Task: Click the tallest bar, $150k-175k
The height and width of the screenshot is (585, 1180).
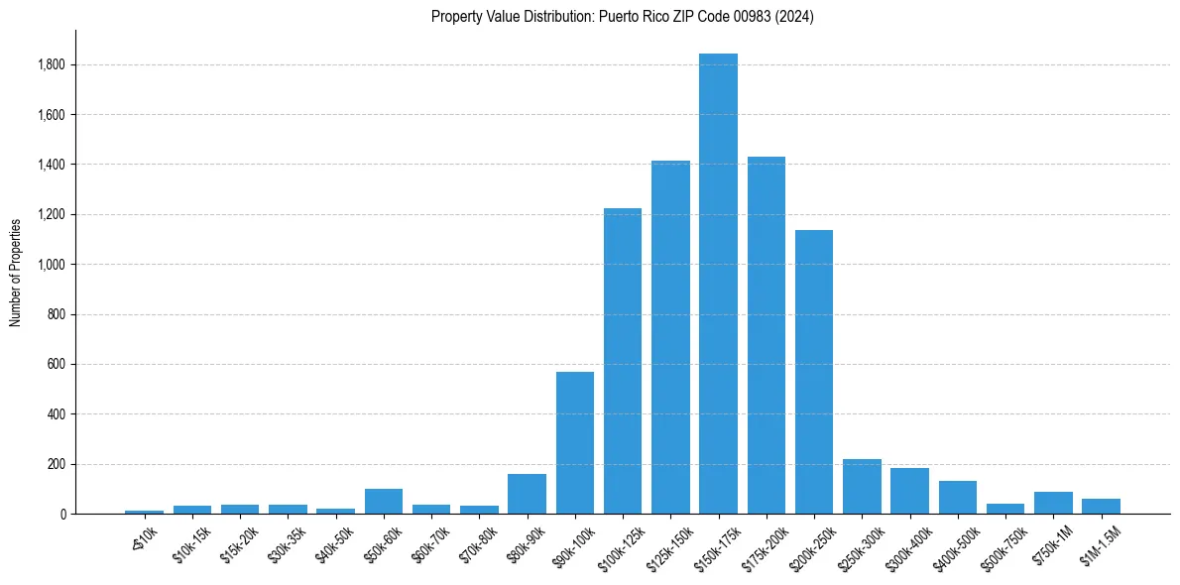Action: pyautogui.click(x=718, y=284)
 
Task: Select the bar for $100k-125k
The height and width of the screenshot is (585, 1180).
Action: pyautogui.click(x=623, y=361)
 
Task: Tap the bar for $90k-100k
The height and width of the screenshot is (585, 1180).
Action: pyautogui.click(x=575, y=442)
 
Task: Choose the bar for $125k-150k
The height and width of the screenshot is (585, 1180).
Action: pyautogui.click(x=670, y=337)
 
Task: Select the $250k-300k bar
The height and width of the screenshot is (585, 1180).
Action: pyautogui.click(x=862, y=487)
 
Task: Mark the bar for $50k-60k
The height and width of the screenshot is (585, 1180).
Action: pyautogui.click(x=383, y=501)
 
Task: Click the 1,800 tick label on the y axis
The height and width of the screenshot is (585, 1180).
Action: pyautogui.click(x=52, y=65)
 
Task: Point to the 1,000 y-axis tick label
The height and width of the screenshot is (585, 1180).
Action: pyautogui.click(x=52, y=265)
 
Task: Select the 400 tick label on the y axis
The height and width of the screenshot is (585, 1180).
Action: pyautogui.click(x=57, y=414)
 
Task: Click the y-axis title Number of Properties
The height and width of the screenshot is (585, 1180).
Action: pyautogui.click(x=16, y=272)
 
